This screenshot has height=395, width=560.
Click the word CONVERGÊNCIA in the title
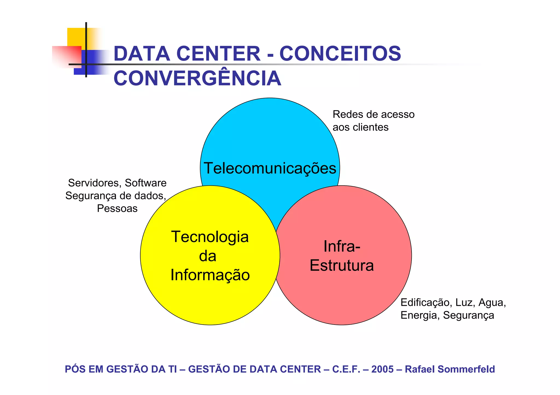(x=197, y=78)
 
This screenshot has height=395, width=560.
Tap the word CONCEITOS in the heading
(x=340, y=54)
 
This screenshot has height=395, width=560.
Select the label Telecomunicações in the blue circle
(x=270, y=168)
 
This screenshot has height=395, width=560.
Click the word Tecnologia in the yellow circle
(x=210, y=237)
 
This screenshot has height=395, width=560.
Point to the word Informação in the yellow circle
(x=210, y=275)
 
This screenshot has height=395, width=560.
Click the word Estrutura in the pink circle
(x=342, y=265)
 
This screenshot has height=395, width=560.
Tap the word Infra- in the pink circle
(x=342, y=246)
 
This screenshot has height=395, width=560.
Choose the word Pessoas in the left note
(x=117, y=209)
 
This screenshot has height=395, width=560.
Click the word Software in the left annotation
(x=145, y=183)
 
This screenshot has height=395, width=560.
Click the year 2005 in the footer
(x=382, y=369)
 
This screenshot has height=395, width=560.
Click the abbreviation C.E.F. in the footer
(x=346, y=369)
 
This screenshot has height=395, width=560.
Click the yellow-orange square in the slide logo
(x=77, y=37)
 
